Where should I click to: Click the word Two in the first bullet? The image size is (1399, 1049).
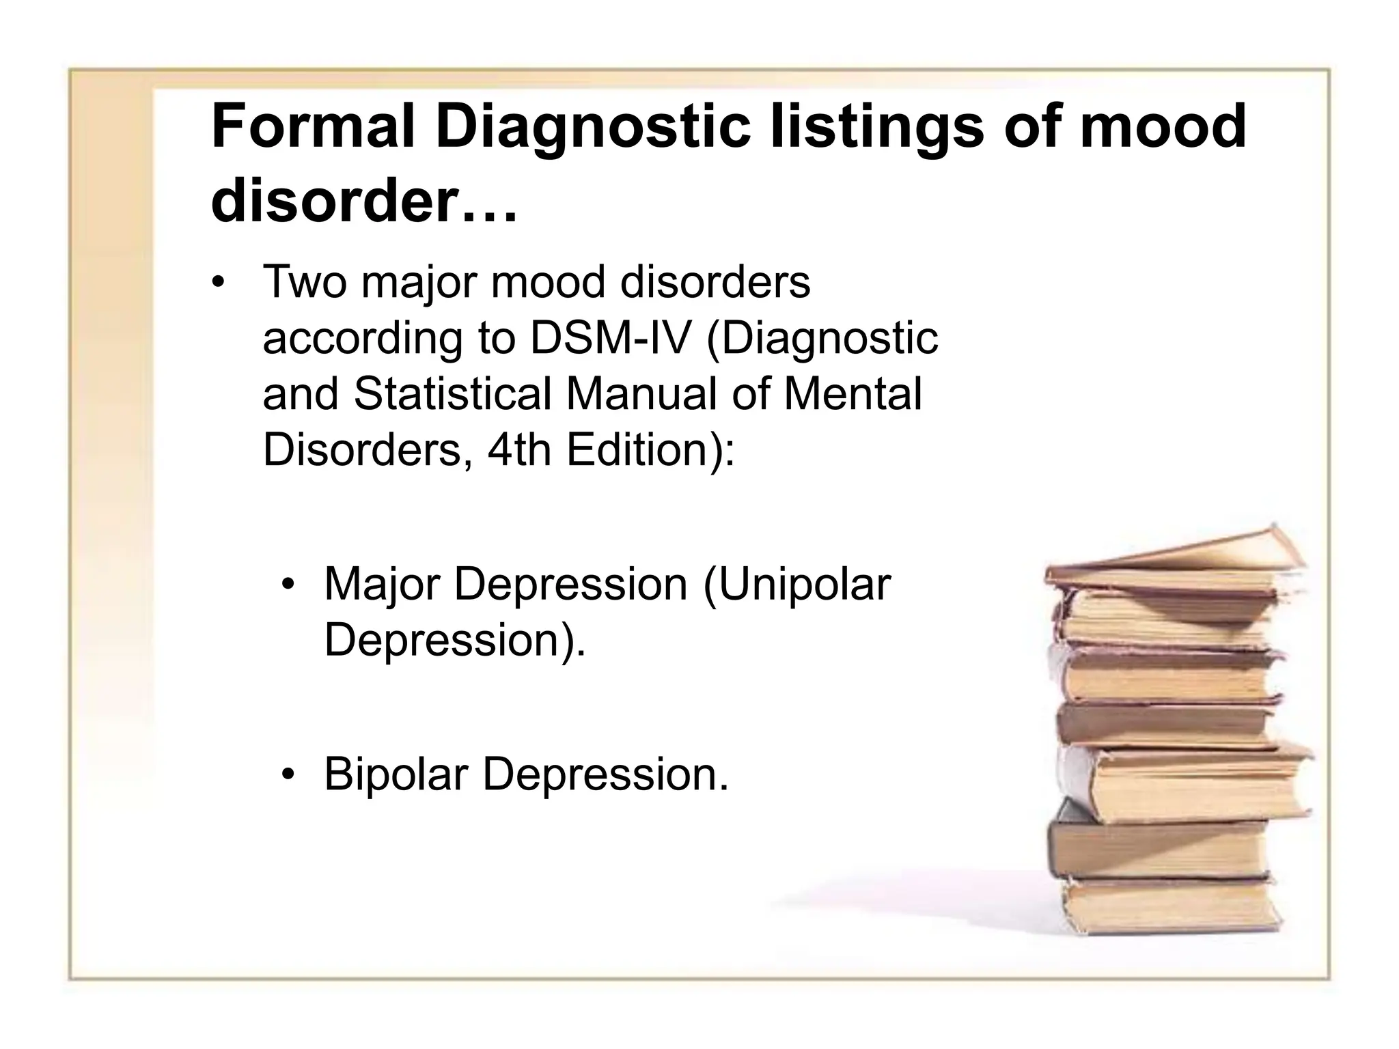[305, 282]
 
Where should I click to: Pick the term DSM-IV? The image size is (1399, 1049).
[611, 338]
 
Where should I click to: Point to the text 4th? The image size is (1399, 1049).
[519, 450]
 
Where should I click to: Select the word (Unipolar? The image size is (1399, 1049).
[797, 585]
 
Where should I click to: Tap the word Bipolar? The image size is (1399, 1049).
[396, 774]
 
